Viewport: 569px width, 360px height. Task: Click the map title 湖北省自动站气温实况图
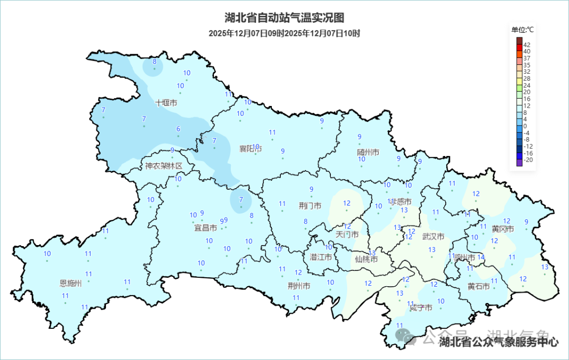(x=284, y=18)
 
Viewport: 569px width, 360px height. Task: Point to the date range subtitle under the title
(x=284, y=33)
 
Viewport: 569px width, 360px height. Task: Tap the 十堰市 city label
(x=166, y=103)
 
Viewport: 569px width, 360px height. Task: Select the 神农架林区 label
(x=164, y=166)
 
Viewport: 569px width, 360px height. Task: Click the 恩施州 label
(x=71, y=283)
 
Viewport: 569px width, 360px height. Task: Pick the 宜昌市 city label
(x=205, y=228)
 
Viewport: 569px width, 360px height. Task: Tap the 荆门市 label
(x=310, y=206)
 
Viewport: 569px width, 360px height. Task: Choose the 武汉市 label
(x=433, y=237)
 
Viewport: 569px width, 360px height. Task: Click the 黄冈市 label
(x=503, y=229)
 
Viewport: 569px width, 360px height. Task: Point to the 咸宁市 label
(x=421, y=308)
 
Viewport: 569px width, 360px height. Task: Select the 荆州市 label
(x=299, y=286)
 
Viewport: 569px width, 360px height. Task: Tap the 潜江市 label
(x=320, y=257)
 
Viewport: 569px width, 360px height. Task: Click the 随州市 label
(x=368, y=152)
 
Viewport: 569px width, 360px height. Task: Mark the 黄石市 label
(x=478, y=286)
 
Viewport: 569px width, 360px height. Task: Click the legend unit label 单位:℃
(x=523, y=30)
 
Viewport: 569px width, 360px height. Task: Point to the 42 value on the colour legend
(x=527, y=44)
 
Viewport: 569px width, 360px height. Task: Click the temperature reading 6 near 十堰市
(x=178, y=129)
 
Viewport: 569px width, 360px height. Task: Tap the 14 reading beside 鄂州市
(x=480, y=257)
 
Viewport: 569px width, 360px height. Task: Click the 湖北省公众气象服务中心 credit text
(x=498, y=342)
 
